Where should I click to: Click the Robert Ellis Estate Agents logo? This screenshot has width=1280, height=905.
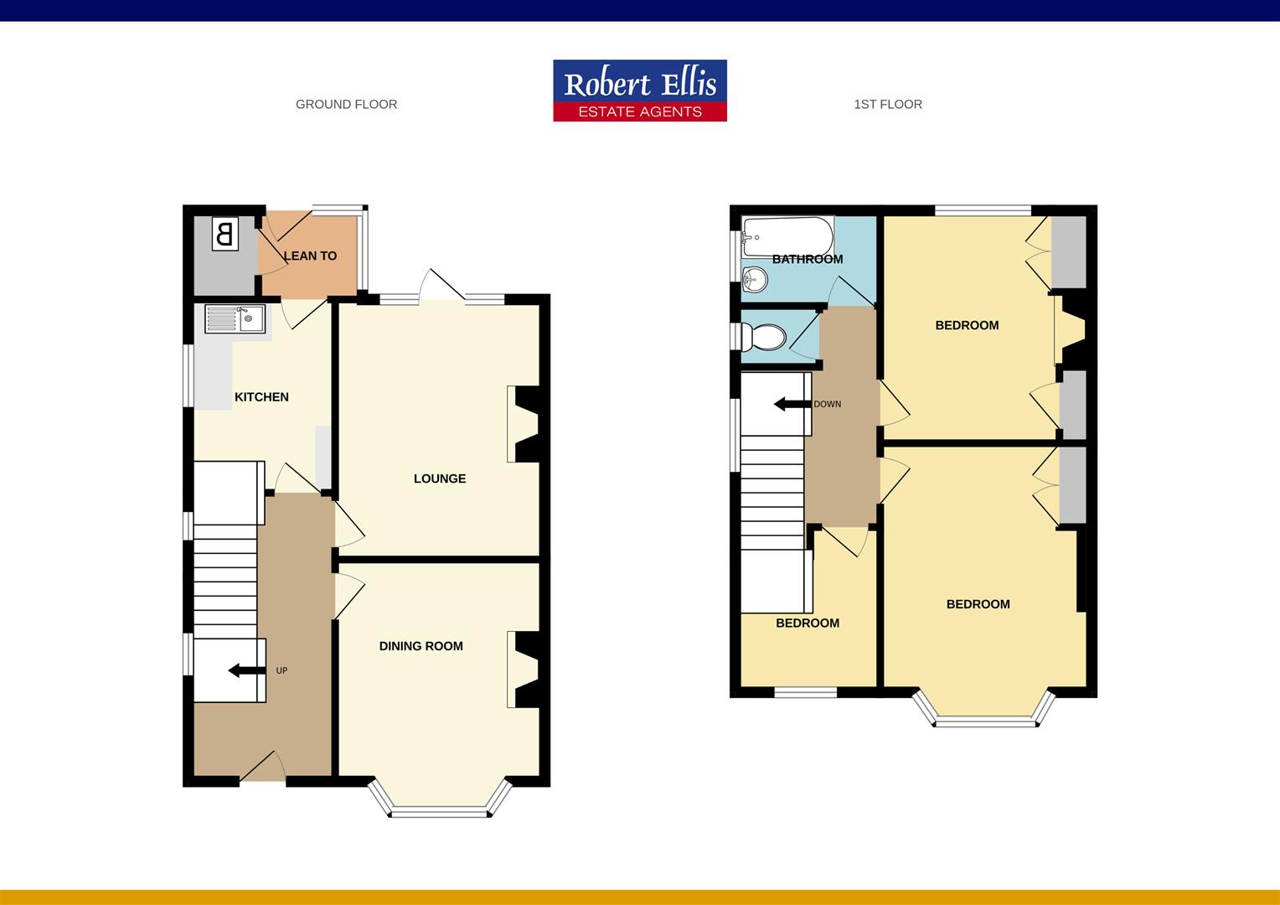click(x=640, y=90)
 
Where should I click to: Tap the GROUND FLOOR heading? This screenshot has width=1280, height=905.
click(x=346, y=105)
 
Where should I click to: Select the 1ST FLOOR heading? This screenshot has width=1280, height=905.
click(x=888, y=105)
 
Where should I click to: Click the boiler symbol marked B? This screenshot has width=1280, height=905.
click(x=225, y=233)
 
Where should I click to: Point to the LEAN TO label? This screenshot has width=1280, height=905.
click(x=310, y=256)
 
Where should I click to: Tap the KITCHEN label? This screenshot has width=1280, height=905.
click(x=261, y=397)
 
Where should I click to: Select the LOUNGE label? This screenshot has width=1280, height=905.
click(x=440, y=478)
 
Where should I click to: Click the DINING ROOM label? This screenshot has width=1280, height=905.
click(x=421, y=646)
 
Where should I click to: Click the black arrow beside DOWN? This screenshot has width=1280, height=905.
click(x=791, y=405)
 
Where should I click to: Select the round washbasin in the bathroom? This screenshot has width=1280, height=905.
click(x=756, y=278)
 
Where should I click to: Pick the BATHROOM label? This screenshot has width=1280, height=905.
click(x=808, y=259)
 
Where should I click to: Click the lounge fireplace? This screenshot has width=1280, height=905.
click(x=526, y=424)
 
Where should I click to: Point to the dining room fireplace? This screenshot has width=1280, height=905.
click(x=526, y=670)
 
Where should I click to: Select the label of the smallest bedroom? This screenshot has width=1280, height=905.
click(x=808, y=623)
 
